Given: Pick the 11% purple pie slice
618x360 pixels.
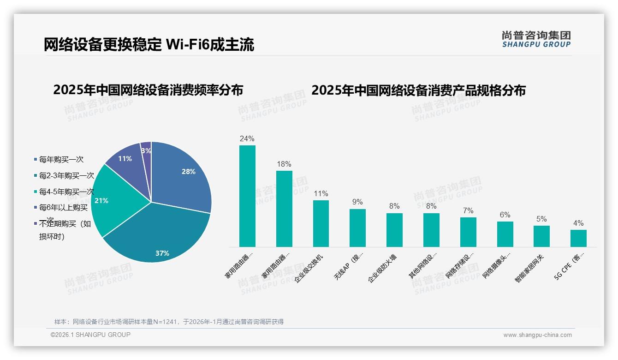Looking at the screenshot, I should point(125,159).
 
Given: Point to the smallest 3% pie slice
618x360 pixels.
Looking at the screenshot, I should point(146,150).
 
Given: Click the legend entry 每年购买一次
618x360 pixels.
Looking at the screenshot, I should point(61,160).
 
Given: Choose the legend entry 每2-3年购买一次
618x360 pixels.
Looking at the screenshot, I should point(66,176).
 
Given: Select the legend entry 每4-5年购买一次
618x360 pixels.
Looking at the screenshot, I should point(66,192).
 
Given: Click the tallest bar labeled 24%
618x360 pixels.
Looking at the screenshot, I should point(247,196).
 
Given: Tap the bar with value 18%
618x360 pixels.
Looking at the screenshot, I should point(284,209).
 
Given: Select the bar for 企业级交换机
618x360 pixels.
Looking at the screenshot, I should point(321,223).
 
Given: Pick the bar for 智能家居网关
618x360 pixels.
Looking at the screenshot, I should point(541,236).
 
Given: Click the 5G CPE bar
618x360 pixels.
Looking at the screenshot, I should point(578,238).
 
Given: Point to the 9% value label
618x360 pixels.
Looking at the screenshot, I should point(357,202).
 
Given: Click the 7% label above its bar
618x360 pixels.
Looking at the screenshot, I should point(468,210).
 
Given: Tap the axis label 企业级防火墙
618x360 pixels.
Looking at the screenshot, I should point(383,268).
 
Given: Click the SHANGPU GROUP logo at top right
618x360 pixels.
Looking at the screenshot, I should point(536,39).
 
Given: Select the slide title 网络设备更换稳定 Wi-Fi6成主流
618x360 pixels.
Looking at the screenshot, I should point(149,45).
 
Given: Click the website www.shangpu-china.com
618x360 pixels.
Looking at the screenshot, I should point(537,335).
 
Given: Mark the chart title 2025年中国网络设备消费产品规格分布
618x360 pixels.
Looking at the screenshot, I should point(418,90).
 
